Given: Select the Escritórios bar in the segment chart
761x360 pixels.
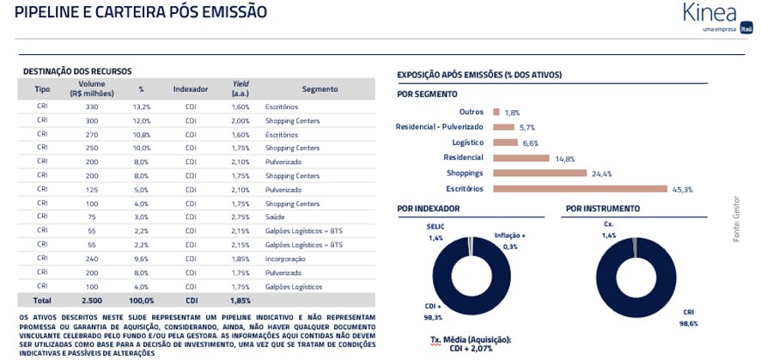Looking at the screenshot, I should point(580,188).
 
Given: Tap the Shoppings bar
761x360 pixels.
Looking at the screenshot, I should point(539,173).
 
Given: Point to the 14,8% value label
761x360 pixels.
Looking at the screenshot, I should point(564,158).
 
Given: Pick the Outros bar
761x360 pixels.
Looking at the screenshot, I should point(496,112).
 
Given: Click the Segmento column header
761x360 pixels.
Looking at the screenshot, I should point(320,89).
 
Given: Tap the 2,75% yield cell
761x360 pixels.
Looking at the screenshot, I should point(240,217).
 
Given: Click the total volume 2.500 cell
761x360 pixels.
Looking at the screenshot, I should point(92,301).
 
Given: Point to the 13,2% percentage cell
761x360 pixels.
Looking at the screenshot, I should point(141,107).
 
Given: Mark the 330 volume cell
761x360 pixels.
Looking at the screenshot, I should point(92,107).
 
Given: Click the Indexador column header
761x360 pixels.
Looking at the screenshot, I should point(191,89).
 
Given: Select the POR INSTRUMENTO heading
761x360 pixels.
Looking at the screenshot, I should point(601,209).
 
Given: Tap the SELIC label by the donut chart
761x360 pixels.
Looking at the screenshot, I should point(435,227).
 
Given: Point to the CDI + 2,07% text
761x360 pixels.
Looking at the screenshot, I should point(471,349).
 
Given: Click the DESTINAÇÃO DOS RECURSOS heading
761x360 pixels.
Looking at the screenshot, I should point(77,71).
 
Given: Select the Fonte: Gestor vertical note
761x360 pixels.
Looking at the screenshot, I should point(736,219).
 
